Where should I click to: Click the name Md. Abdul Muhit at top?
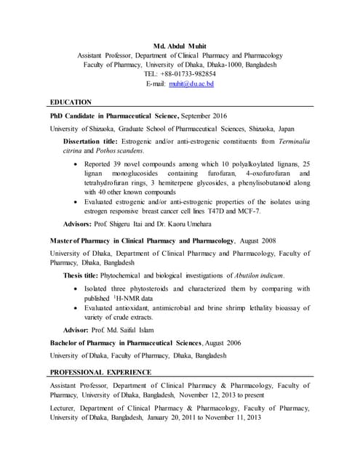(180, 45)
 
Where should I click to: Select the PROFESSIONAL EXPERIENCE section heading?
(101, 372)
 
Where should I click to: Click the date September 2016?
(203, 116)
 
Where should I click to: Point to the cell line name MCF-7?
(248, 211)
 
